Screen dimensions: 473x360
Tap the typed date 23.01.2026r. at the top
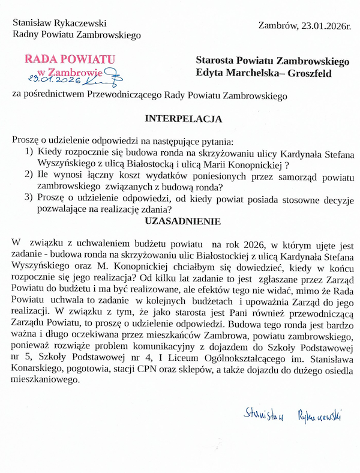point(323,25)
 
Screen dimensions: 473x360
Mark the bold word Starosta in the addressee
point(215,61)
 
